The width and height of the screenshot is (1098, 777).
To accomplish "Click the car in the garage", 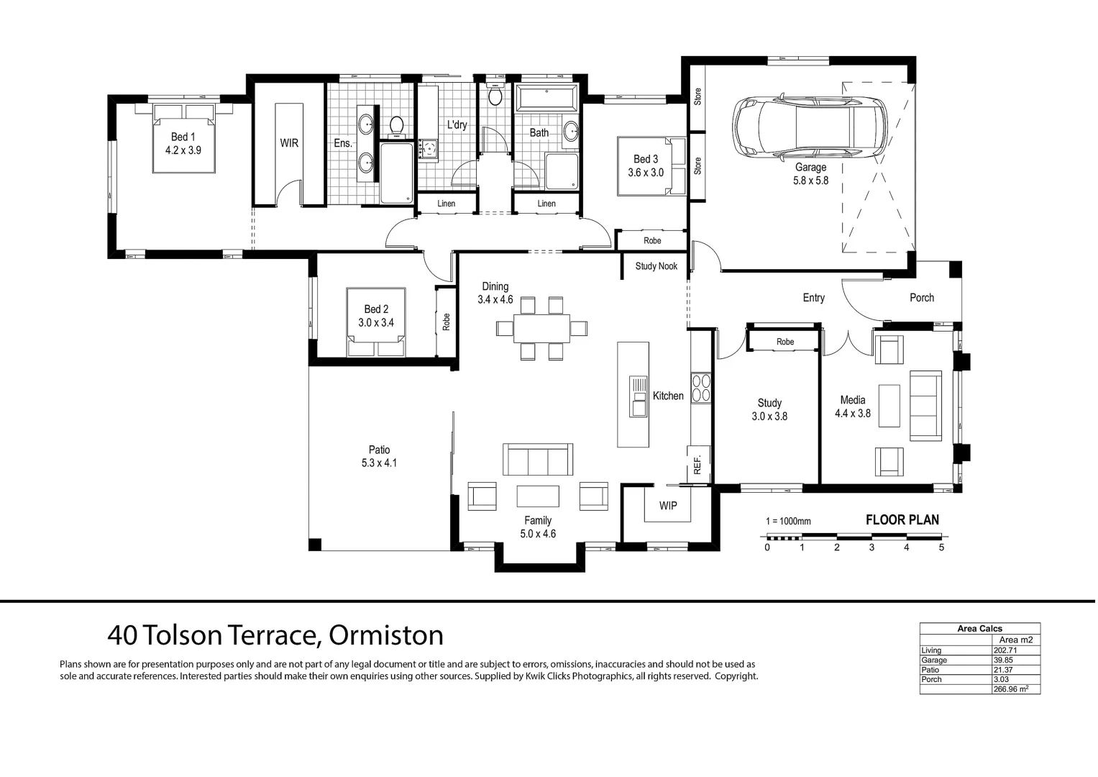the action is coord(809,126).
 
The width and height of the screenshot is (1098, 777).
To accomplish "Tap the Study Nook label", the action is coord(656,266).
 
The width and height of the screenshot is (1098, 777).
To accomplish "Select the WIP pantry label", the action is coord(667,506).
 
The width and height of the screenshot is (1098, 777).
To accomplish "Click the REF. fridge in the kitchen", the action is coord(698,464).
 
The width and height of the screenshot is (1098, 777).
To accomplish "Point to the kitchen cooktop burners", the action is coord(700,388).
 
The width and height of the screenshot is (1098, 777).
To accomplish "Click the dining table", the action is coord(541,328).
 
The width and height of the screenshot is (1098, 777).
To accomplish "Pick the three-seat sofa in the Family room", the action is coord(538,459).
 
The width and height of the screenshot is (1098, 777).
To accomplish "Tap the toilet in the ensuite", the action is coord(396,127).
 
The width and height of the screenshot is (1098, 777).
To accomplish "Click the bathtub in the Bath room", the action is coord(547,98).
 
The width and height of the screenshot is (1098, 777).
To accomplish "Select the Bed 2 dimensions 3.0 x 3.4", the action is coord(376,323).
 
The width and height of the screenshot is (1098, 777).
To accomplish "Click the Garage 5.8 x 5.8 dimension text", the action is coord(811,181).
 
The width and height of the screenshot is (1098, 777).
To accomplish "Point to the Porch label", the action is coord(922,298).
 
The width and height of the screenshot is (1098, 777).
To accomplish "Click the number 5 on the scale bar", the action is coord(941,547).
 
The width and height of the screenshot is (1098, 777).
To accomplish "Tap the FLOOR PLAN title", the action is coord(902,520).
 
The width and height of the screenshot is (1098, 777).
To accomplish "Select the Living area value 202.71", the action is coord(1005,650).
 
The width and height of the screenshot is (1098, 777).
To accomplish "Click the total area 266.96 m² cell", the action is coord(1011,689).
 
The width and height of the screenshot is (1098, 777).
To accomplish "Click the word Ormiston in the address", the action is coord(385,635).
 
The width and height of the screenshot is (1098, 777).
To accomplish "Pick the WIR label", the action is coord(289,143).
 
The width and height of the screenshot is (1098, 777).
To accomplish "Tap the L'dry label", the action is coord(457,124).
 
